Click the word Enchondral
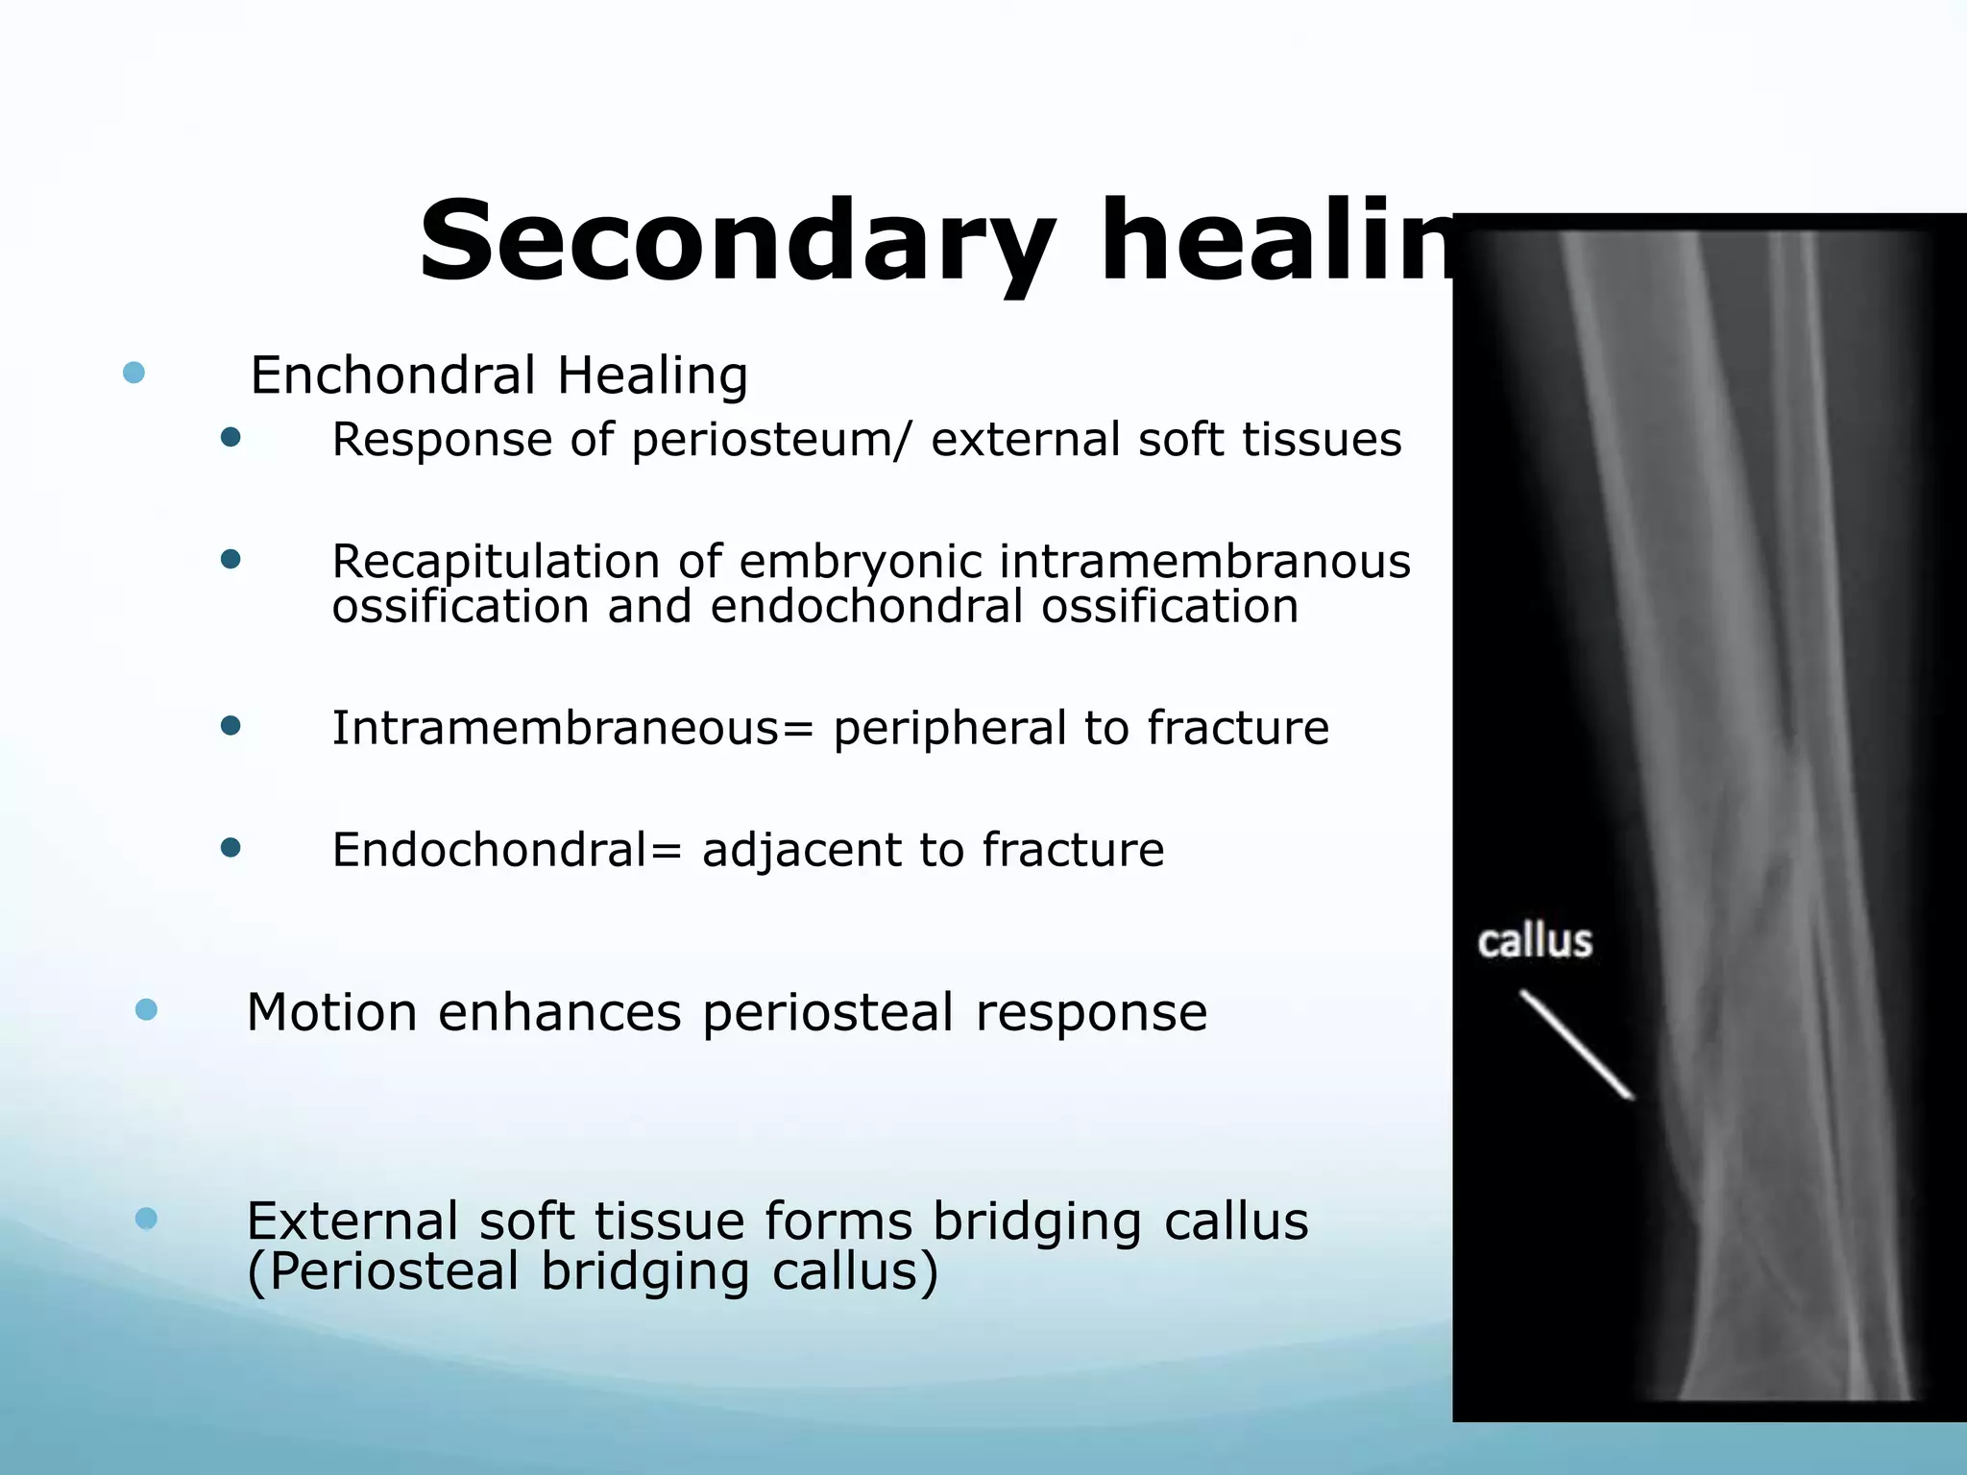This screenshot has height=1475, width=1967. coord(393,375)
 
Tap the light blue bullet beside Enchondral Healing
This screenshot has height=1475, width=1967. coord(134,373)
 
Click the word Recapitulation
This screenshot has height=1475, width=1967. coord(498,562)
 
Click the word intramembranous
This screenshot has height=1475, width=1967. coord(1204,562)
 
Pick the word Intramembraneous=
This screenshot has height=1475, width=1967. coord(572,728)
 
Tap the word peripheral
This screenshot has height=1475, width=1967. coord(949,728)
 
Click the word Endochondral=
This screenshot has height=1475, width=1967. coord(507,850)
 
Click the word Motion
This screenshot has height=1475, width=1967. coord(331,1012)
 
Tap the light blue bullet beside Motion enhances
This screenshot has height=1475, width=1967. coord(146,1009)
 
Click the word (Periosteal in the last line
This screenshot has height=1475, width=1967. coord(383,1271)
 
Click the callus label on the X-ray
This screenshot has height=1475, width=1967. coord(1535,942)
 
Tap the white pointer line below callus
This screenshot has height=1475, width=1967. coord(1575,1044)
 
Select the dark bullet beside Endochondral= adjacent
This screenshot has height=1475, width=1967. coord(231,847)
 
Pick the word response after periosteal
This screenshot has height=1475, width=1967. coord(1091,1012)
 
